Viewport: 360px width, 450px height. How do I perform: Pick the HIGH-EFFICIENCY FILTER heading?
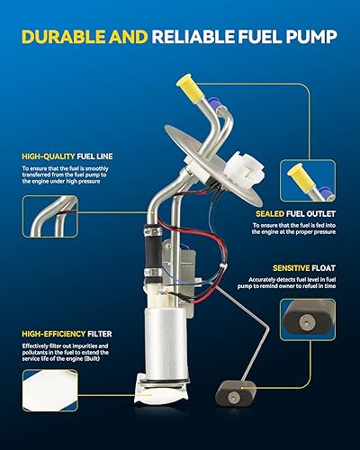[x=62, y=335]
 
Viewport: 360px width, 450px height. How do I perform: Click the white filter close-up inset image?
[x=53, y=403]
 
